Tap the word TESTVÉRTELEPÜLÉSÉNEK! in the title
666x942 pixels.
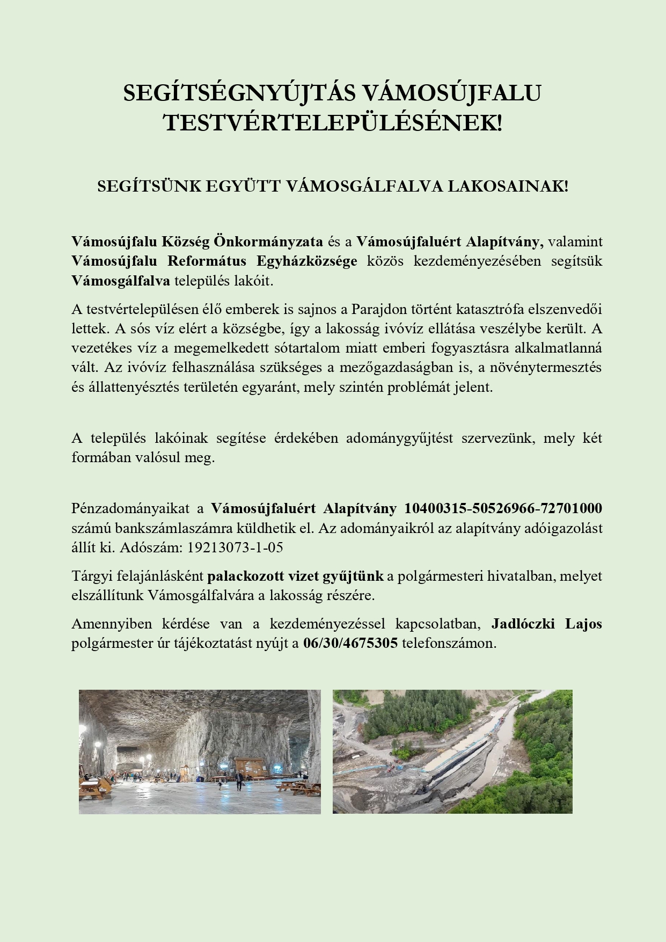pyautogui.click(x=333, y=123)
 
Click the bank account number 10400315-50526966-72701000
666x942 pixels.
pyautogui.click(x=503, y=508)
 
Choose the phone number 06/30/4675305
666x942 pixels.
pyautogui.click(x=350, y=643)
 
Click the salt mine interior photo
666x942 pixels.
pyautogui.click(x=200, y=751)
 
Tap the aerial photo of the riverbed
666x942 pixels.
pyautogui.click(x=452, y=751)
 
